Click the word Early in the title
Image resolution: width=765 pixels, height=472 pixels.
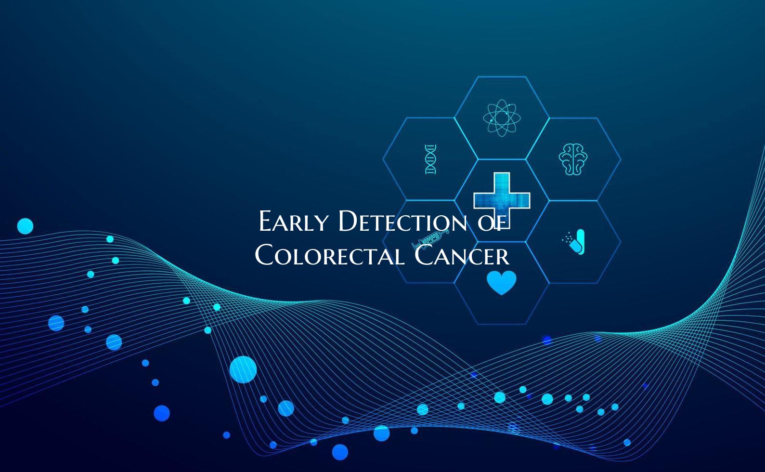(x=293, y=222)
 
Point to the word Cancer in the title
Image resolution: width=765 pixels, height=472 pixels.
(x=462, y=255)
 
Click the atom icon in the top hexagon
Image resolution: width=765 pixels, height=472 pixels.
(x=502, y=118)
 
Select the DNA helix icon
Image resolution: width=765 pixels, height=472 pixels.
(x=430, y=159)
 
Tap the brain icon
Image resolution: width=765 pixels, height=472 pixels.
(x=573, y=159)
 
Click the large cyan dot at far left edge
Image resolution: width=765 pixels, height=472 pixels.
(x=25, y=226)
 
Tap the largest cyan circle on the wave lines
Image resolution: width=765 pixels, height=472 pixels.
(x=243, y=369)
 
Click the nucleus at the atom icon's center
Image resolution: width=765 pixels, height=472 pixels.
(x=502, y=118)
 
